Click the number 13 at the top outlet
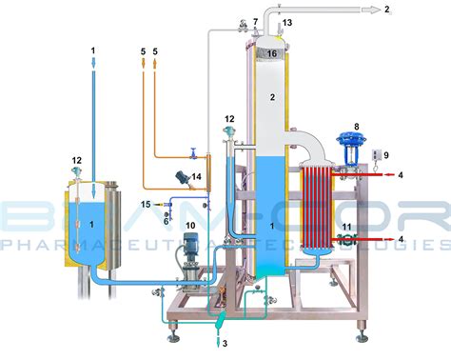pos(287,22)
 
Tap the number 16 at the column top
pos(271,54)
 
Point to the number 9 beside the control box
pos(386,153)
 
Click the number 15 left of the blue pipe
pos(147,204)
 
